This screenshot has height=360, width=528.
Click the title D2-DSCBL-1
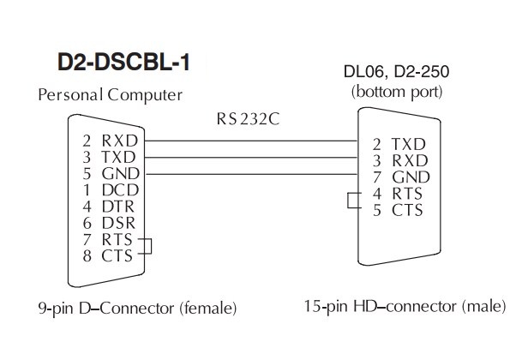tap(124, 63)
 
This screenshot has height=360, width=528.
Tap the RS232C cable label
tap(248, 119)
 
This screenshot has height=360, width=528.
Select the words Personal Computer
tap(110, 95)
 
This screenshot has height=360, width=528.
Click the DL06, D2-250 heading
tap(396, 71)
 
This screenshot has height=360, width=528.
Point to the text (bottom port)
tap(397, 92)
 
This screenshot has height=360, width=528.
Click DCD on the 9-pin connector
tap(120, 190)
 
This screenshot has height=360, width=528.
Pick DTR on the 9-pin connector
tap(118, 207)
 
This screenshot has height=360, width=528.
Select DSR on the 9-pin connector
tap(118, 223)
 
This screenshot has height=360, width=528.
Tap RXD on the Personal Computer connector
tap(120, 141)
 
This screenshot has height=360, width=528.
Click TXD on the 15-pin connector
tap(409, 145)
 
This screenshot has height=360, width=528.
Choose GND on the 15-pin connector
tap(411, 177)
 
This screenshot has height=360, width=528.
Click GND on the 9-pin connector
tap(121, 174)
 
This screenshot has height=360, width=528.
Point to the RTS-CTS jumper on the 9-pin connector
tap(151, 246)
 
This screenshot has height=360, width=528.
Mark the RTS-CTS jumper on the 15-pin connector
tap(348, 201)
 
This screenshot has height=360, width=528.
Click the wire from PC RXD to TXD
tap(251, 141)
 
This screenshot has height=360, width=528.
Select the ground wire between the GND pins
tap(251, 174)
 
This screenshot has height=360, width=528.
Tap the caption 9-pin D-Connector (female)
tap(137, 308)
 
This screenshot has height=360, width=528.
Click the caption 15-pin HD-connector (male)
tap(405, 307)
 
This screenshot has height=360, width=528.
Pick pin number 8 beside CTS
tap(87, 256)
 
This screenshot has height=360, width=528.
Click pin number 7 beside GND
tap(377, 177)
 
